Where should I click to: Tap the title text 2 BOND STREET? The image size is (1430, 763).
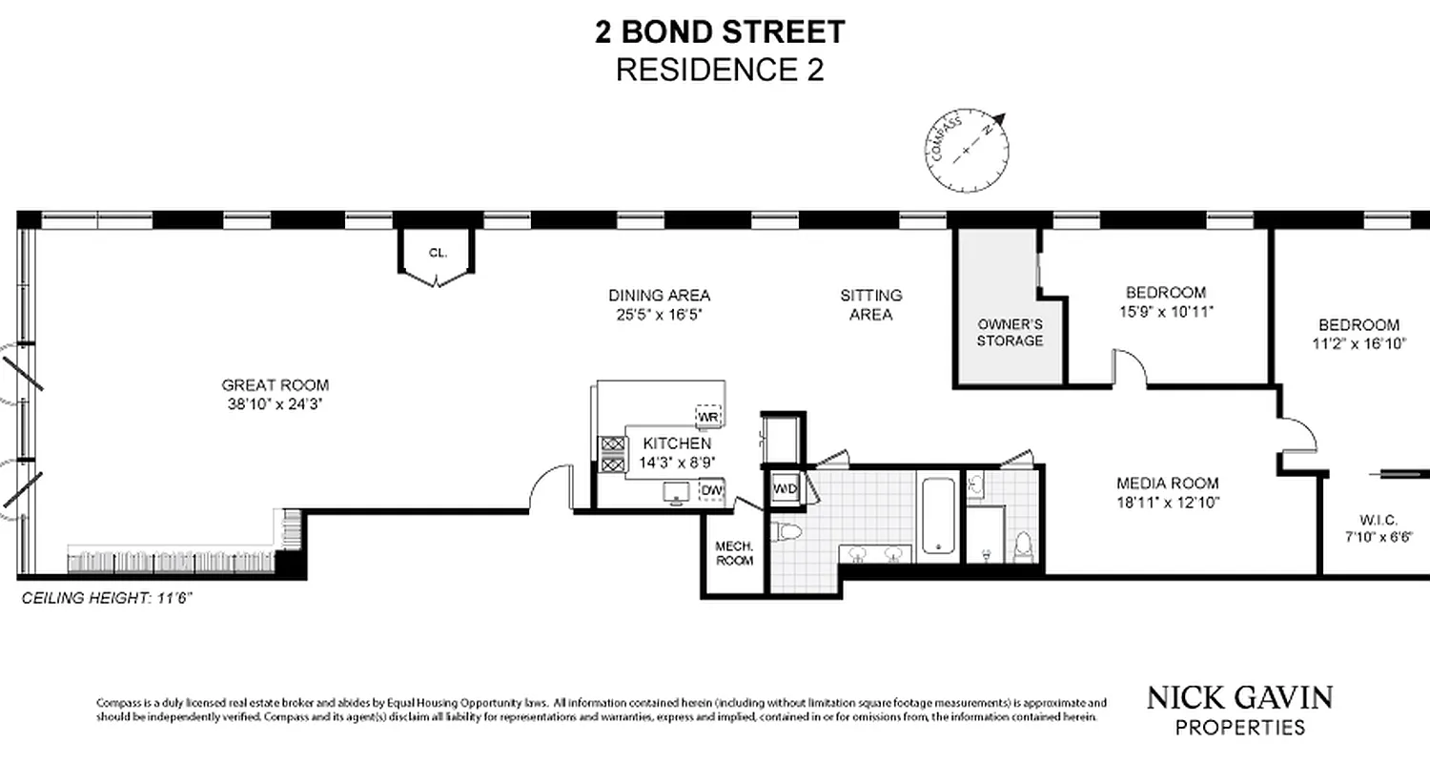[720, 32]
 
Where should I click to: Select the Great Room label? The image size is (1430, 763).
[276, 385]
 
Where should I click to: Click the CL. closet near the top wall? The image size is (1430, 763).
[438, 254]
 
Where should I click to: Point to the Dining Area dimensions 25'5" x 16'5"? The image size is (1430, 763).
[660, 314]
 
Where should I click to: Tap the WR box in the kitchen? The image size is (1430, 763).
[708, 417]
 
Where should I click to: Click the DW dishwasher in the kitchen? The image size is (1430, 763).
[711, 490]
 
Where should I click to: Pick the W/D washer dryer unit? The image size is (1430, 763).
[785, 488]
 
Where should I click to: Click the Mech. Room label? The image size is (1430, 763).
[735, 553]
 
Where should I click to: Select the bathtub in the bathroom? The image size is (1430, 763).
[939, 515]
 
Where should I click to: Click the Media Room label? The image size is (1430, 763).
[1168, 484]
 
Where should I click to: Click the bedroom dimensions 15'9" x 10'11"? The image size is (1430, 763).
[1165, 311]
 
